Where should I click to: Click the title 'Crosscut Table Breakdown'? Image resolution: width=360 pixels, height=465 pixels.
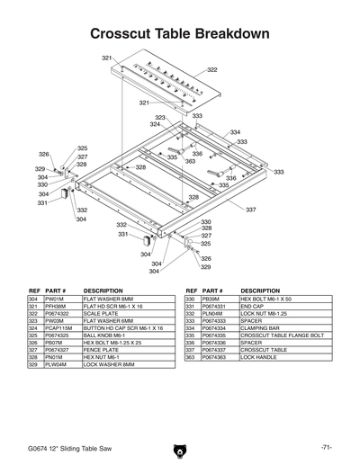coord(180,33)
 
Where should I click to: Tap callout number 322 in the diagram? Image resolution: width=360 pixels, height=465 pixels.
coord(212,69)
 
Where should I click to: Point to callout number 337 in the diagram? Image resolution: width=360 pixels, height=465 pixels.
coord(251,210)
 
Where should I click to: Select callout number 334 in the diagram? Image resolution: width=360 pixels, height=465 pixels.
coord(235,132)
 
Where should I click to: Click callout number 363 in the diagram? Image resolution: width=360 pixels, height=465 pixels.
coord(190,162)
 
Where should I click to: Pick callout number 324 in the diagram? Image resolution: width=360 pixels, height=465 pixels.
coord(155,124)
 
